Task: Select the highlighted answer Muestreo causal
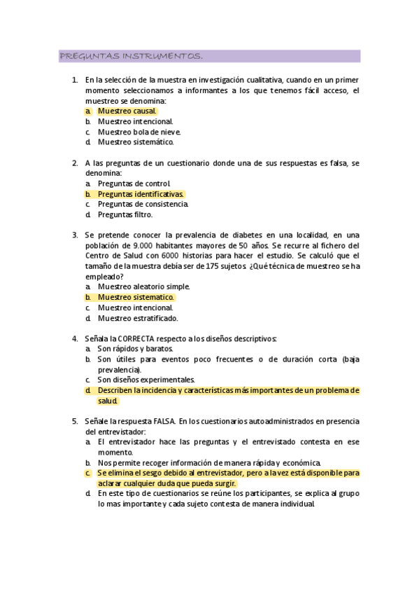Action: tap(127, 111)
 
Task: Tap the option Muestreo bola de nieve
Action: tap(139, 131)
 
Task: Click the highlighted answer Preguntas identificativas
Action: tap(141, 193)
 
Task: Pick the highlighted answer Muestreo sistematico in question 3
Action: tap(136, 297)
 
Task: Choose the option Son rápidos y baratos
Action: tap(136, 348)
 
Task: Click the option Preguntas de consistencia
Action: tap(143, 204)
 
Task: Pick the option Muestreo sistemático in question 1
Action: tap(135, 141)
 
